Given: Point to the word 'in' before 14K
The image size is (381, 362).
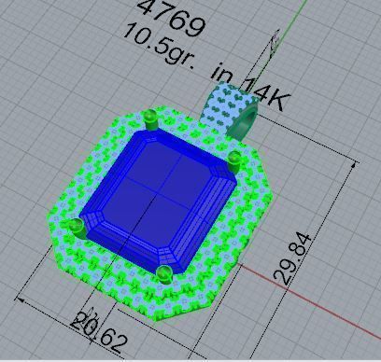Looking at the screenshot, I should click(x=223, y=74).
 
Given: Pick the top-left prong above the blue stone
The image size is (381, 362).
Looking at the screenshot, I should click(x=150, y=117).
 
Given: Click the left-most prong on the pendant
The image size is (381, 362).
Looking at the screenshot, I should click(x=75, y=227).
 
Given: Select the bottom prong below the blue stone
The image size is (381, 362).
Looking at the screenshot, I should click(x=164, y=273).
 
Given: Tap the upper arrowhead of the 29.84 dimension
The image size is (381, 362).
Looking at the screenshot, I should click(x=356, y=165).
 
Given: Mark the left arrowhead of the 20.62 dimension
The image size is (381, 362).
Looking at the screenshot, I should click(x=21, y=300).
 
